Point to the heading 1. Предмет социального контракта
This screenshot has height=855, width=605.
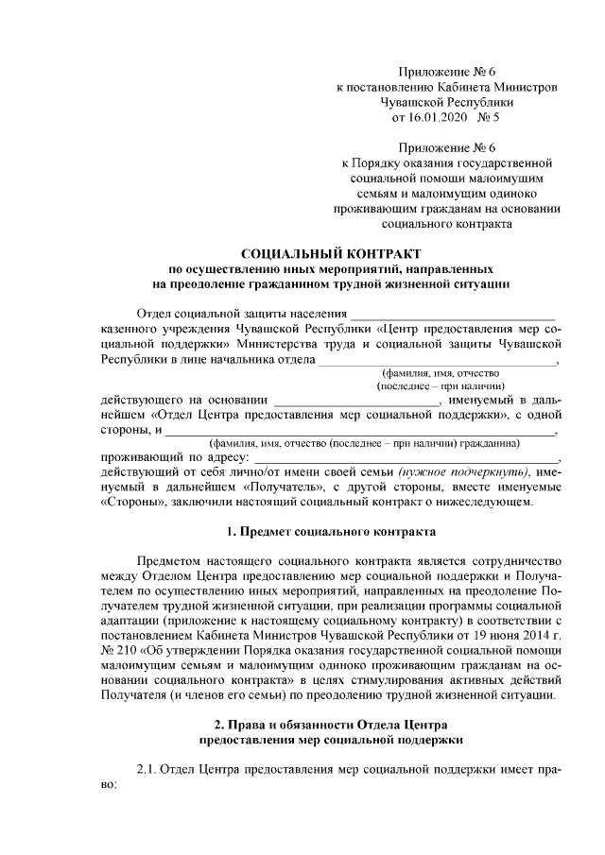click(x=330, y=532)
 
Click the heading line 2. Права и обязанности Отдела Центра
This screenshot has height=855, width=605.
click(x=330, y=725)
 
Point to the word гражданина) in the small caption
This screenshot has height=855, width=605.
click(x=489, y=442)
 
